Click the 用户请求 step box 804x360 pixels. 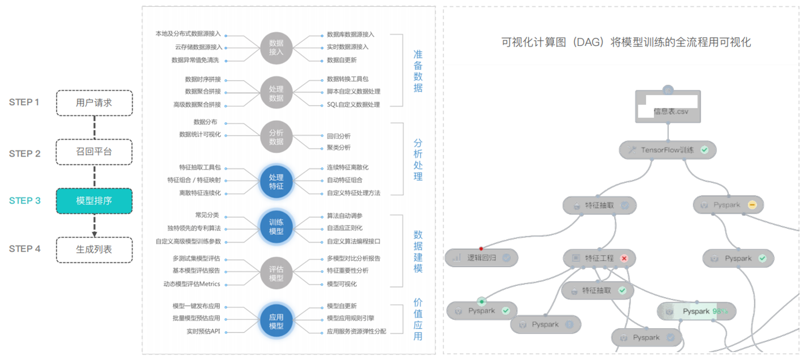tap(94, 103)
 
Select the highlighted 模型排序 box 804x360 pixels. tap(94, 201)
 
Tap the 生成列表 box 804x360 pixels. tap(94, 249)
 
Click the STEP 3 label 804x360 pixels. tap(25, 201)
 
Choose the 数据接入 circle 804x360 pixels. tap(276, 47)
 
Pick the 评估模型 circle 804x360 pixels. tap(276, 273)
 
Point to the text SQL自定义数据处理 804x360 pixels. tap(353, 105)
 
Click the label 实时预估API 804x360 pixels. tap(204, 331)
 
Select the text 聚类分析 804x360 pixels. tap(339, 148)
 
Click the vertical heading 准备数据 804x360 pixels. tap(418, 71)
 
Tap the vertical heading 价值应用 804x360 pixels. tap(418, 319)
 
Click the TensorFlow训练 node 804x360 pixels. tap(668, 150)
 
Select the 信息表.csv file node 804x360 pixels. tap(668, 107)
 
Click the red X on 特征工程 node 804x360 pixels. tap(624, 258)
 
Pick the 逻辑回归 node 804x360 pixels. tap(481, 258)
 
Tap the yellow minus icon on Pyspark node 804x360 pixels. tap(751, 205)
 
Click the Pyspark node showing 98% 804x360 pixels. tap(697, 311)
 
